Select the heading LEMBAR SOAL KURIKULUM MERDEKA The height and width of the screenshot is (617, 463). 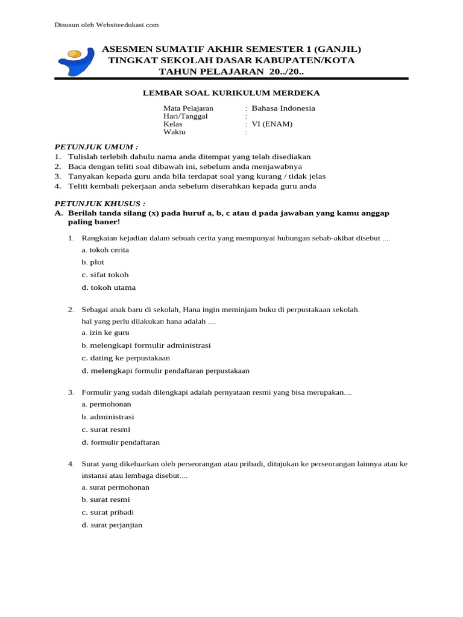tap(231, 93)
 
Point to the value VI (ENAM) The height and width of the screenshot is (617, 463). tap(272, 124)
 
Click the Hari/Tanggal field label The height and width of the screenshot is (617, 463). tap(186, 116)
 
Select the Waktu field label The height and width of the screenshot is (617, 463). tap(175, 132)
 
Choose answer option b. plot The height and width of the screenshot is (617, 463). tap(93, 262)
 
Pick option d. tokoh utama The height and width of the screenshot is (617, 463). tap(109, 287)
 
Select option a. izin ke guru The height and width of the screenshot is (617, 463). tap(106, 333)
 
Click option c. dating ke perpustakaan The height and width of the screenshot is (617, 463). tap(126, 358)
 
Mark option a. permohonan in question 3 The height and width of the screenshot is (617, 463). tap(107, 404)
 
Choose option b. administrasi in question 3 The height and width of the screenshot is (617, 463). tap(109, 417)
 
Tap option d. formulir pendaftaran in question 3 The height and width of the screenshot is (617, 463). tap(121, 442)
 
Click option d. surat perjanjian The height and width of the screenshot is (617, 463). tap(112, 525)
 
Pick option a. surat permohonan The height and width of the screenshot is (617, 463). tap(116, 487)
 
